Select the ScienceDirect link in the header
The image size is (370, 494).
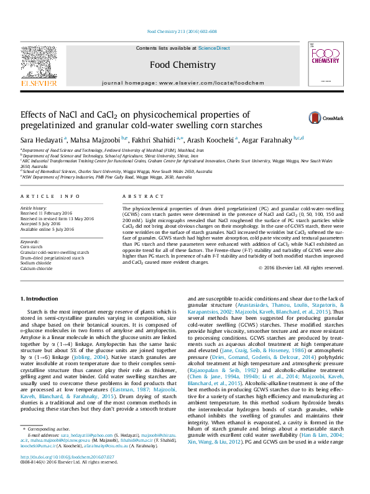[x=214, y=48]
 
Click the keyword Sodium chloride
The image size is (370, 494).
[x=36, y=262]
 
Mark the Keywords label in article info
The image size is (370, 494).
[x=30, y=241]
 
